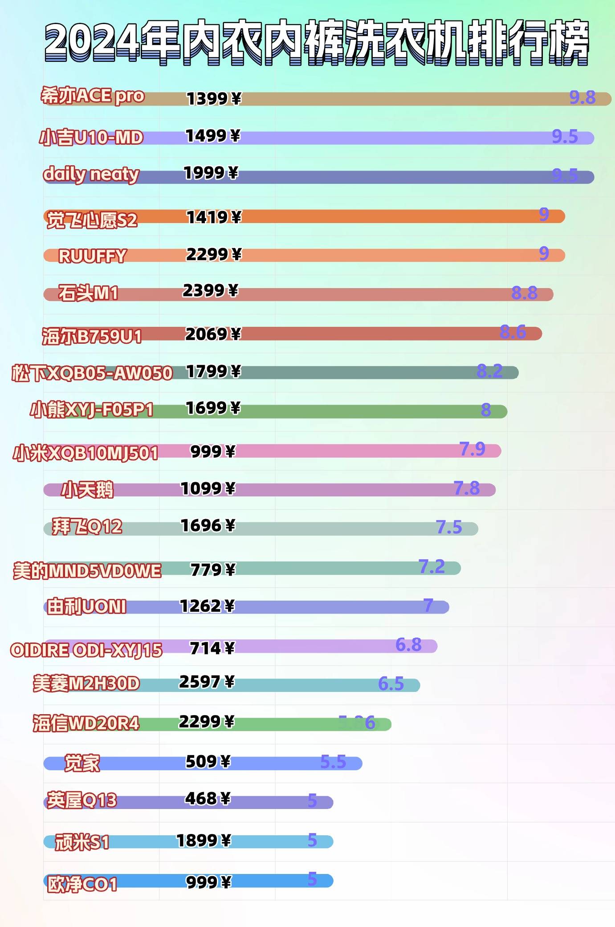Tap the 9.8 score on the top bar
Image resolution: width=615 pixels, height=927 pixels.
(x=582, y=97)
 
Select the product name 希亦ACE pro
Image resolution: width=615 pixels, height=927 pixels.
(x=93, y=96)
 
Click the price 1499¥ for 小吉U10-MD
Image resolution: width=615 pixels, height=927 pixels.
(x=213, y=136)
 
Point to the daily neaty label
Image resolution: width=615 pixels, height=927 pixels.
(x=91, y=174)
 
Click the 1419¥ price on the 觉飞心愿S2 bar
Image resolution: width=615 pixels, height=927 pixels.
(x=214, y=217)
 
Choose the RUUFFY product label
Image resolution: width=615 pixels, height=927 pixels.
(x=93, y=256)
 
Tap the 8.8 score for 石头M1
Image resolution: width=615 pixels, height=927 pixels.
(x=524, y=293)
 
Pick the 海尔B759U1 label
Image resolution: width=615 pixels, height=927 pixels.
(x=92, y=336)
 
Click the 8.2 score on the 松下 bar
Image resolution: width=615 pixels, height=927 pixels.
(x=489, y=371)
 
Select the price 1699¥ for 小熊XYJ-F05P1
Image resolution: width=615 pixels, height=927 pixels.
(x=213, y=408)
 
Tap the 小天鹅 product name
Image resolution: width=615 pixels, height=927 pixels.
(x=87, y=490)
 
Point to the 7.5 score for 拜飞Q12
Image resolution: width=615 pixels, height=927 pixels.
(x=449, y=527)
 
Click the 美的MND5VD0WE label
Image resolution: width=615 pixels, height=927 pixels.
(x=87, y=570)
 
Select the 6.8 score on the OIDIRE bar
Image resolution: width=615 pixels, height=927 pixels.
(x=408, y=644)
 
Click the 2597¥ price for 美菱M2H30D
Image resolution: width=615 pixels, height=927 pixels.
(x=207, y=682)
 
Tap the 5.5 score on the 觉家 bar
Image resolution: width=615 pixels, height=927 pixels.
(x=333, y=762)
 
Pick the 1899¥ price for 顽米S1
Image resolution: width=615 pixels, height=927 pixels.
(x=204, y=840)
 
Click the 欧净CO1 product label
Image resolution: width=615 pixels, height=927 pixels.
(x=82, y=884)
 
